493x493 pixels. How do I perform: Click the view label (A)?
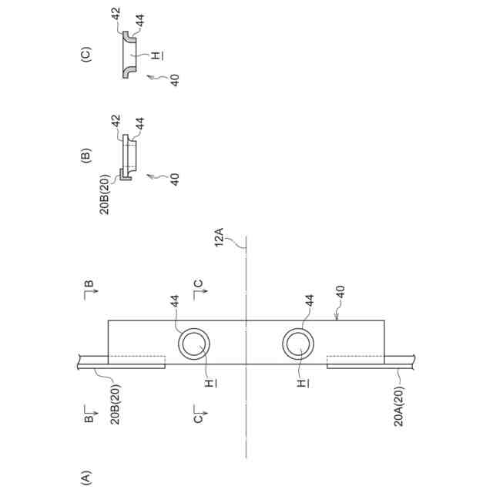click(x=86, y=476)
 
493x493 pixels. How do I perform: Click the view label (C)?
click(x=86, y=55)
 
